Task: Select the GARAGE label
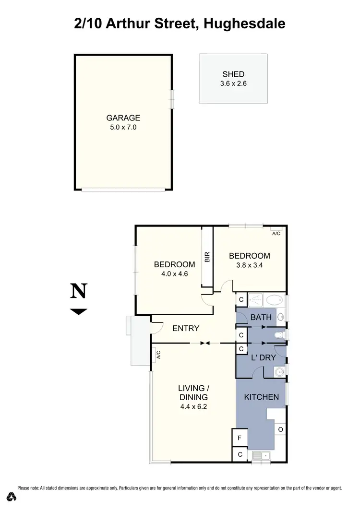pyautogui.click(x=123, y=118)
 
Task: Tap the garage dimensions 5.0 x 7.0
pyautogui.click(x=123, y=127)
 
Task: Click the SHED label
pyautogui.click(x=233, y=74)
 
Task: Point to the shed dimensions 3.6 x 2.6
pyautogui.click(x=233, y=83)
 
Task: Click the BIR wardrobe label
pyautogui.click(x=207, y=257)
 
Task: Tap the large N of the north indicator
pyautogui.click(x=79, y=291)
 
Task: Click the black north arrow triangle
pyautogui.click(x=79, y=311)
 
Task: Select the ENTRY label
pyautogui.click(x=186, y=329)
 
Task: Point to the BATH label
pyautogui.click(x=261, y=317)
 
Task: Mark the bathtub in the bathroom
pyautogui.click(x=274, y=301)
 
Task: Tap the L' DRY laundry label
pyautogui.click(x=264, y=357)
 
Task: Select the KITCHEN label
pyautogui.click(x=262, y=397)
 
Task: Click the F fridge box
pyautogui.click(x=240, y=438)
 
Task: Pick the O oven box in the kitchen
pyautogui.click(x=280, y=429)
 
